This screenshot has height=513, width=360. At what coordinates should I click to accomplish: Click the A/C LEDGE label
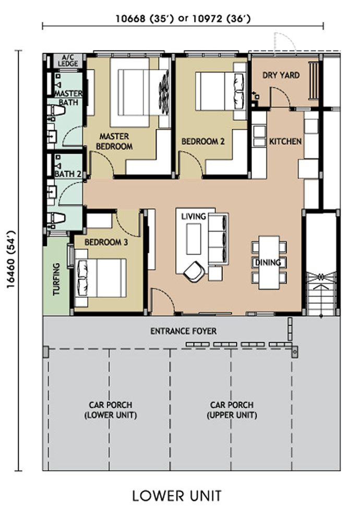(68, 60)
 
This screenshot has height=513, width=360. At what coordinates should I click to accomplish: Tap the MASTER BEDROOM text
(114, 141)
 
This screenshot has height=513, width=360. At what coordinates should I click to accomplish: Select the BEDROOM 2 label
(203, 141)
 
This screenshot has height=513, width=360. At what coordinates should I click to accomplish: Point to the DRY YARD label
(281, 75)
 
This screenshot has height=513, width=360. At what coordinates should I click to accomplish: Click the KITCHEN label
(285, 141)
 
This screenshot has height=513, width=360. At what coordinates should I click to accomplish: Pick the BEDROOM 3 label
(106, 242)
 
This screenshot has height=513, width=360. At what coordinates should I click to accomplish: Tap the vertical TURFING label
(57, 279)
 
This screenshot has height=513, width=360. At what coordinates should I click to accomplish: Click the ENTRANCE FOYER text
(183, 331)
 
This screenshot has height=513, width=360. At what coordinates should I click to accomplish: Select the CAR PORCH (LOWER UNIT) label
(111, 410)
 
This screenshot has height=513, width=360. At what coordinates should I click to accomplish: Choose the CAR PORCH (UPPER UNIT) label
(232, 410)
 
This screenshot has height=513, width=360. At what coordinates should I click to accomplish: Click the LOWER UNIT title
(177, 496)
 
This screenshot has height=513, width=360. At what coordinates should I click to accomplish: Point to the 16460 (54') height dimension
(11, 259)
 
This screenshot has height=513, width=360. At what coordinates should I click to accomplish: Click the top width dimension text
(183, 19)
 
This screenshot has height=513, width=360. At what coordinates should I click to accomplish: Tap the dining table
(269, 262)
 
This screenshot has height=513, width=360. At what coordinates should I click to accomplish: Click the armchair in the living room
(194, 272)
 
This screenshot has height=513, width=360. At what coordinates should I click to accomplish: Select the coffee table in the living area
(194, 239)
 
